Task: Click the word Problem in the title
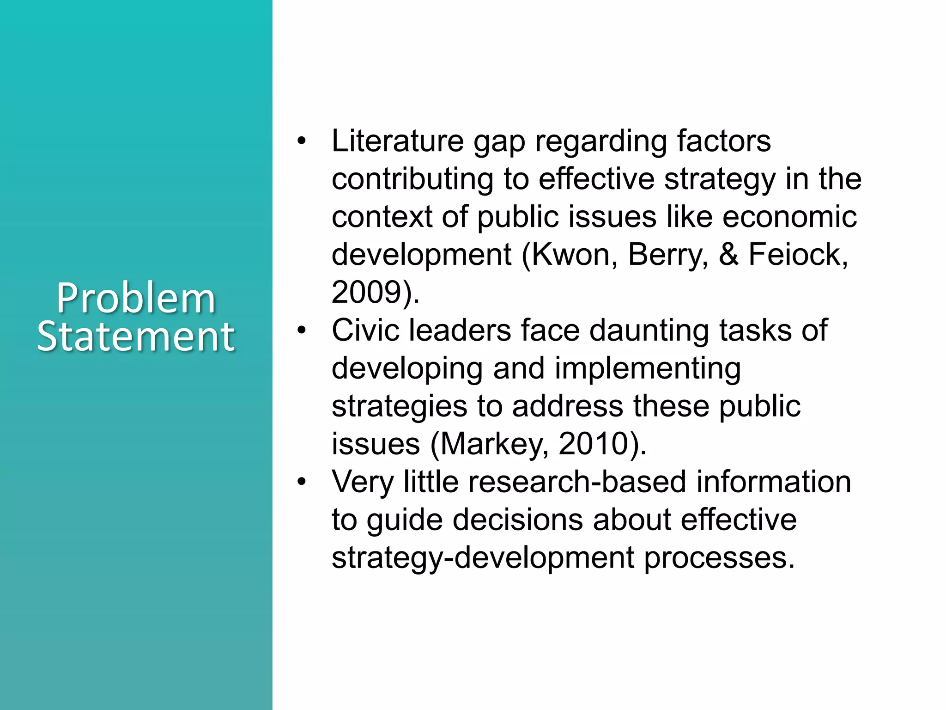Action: pos(136,299)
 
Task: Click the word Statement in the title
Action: pos(136,336)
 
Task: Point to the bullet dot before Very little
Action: pos(302,482)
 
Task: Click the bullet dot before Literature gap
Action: pos(302,141)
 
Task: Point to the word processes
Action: pos(719,558)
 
